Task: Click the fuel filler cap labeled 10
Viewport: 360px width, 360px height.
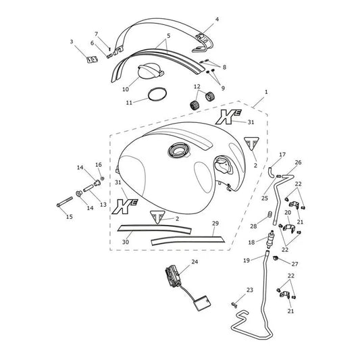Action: click(150, 72)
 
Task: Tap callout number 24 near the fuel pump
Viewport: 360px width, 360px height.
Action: click(195, 261)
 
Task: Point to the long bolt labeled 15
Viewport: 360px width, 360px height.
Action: click(65, 201)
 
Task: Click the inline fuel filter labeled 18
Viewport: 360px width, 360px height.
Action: click(270, 239)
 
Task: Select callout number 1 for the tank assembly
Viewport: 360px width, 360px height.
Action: click(266, 92)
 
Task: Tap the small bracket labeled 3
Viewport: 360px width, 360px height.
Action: click(92, 59)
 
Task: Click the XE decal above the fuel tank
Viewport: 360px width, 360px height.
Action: click(228, 117)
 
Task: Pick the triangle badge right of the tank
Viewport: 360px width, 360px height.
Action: click(251, 143)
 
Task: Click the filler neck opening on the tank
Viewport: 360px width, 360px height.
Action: click(178, 151)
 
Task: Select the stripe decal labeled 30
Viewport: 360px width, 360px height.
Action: click(154, 228)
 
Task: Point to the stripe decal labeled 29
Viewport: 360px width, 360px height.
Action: click(188, 239)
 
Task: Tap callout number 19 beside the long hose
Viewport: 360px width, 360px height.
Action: click(247, 260)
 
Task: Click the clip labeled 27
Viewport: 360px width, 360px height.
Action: click(276, 258)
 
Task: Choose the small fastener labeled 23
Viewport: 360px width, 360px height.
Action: click(234, 305)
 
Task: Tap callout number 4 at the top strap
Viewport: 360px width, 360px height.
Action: click(217, 19)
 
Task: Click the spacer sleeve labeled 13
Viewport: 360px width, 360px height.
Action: click(88, 188)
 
